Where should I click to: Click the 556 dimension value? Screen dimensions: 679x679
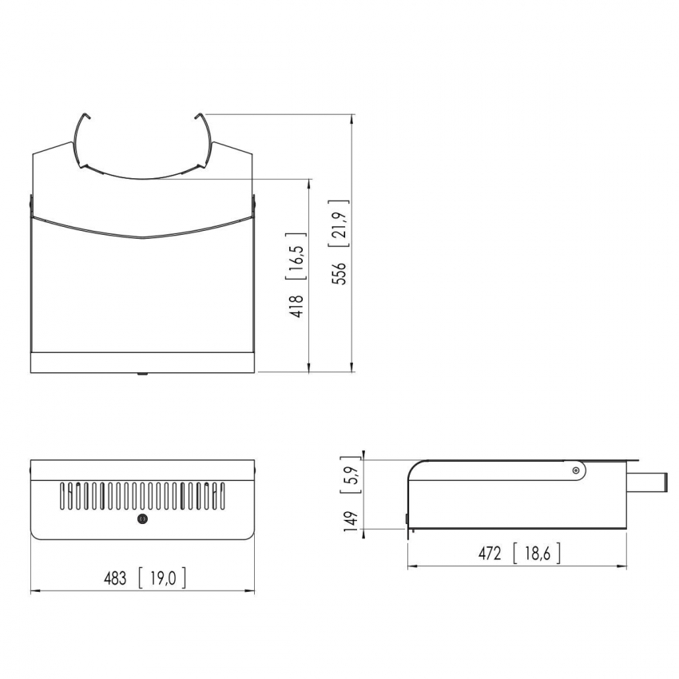(339, 273)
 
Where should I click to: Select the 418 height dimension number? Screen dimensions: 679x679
(297, 306)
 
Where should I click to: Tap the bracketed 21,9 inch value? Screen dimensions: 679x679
(339, 224)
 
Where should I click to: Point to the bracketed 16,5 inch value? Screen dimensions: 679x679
(297, 256)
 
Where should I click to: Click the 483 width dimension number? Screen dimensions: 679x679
(115, 578)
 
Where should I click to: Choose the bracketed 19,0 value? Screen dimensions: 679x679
(162, 578)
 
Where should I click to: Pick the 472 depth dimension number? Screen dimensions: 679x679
(490, 554)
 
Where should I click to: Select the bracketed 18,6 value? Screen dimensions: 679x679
(537, 554)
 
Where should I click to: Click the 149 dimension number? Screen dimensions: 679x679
(351, 521)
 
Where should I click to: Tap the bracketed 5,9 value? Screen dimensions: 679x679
(351, 475)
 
